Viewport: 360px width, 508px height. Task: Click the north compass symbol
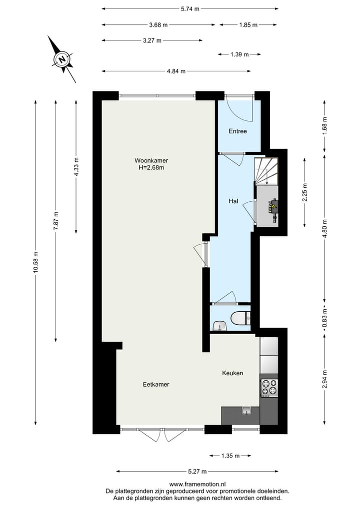61,59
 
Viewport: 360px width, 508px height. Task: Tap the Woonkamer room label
151,160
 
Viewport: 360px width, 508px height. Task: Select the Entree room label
238,131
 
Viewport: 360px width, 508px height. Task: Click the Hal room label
233,201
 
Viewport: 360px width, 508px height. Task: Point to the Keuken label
233,373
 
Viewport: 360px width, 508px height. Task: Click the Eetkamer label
155,385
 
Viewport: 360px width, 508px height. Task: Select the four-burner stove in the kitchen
269,387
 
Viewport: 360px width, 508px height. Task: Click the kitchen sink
246,411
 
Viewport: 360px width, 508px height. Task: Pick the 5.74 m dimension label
190,8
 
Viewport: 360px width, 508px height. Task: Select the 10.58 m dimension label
35,262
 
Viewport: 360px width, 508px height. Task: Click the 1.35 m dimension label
230,456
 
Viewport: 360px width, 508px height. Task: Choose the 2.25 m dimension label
305,192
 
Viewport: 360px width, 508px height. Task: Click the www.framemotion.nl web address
197,484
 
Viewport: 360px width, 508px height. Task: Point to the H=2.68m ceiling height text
151,168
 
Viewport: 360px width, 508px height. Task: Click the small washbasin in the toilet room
219,327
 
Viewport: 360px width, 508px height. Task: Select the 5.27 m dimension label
197,471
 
